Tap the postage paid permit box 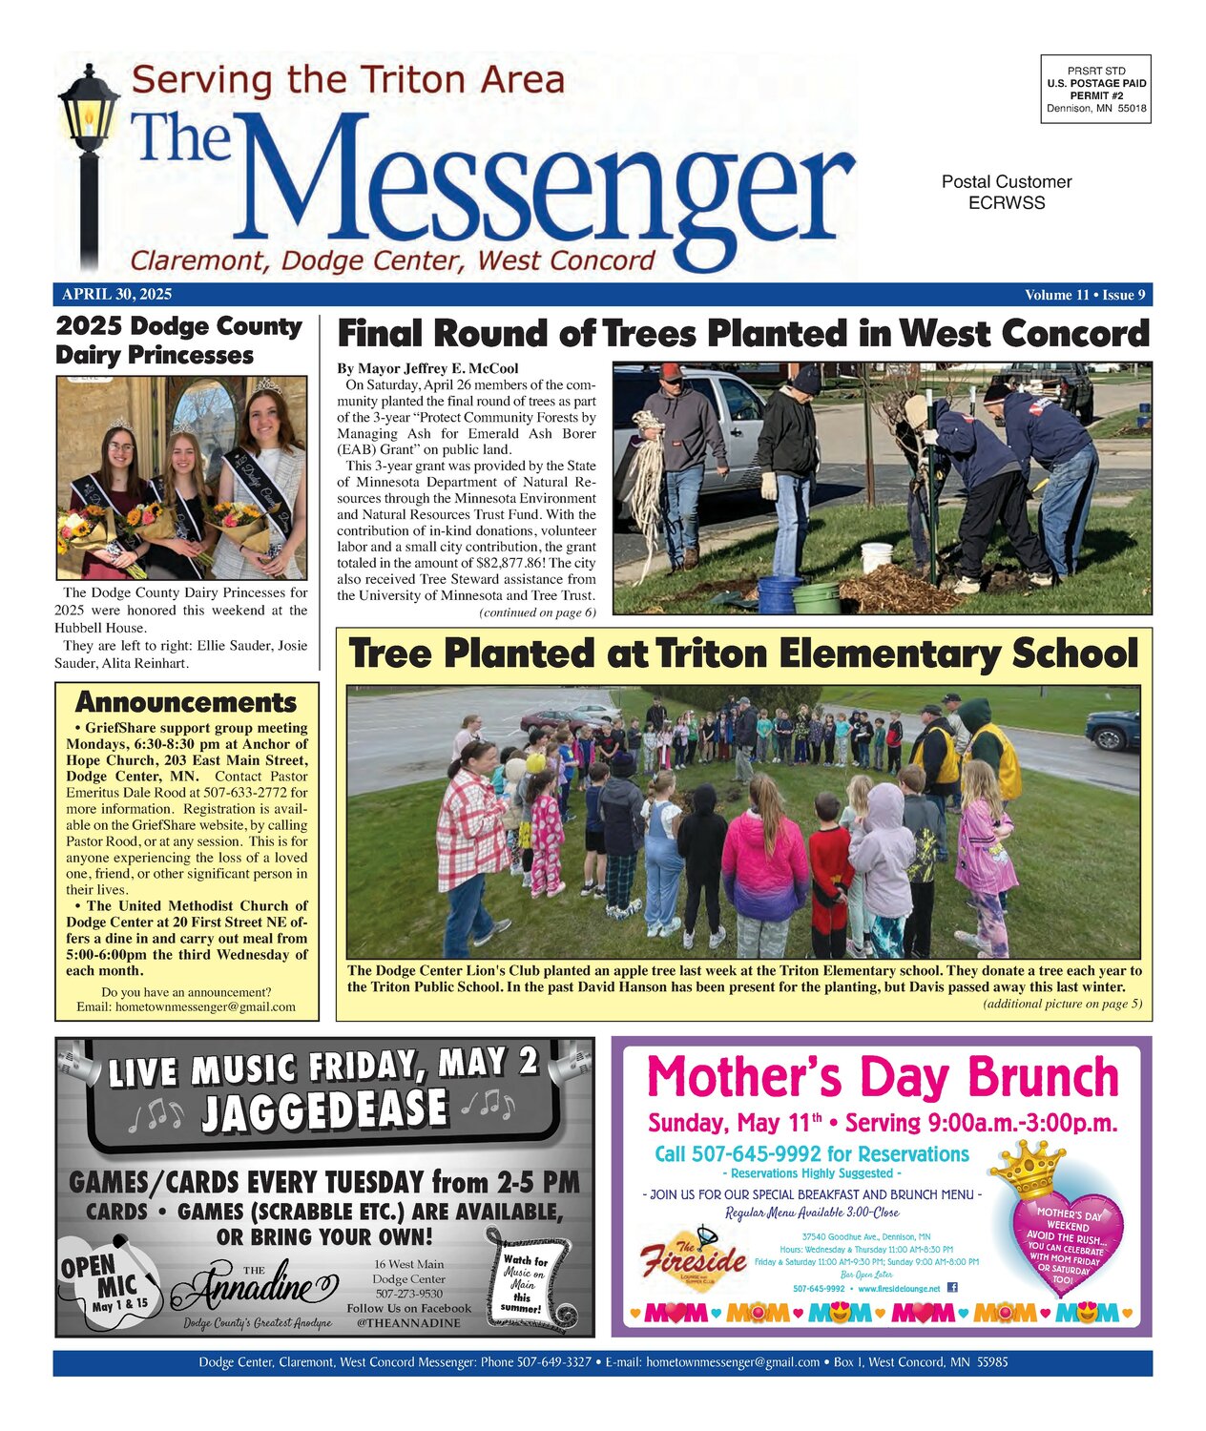(1095, 89)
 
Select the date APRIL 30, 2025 (117, 295)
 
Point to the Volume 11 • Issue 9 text (1085, 295)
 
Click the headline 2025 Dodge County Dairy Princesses (178, 341)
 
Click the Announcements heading (186, 702)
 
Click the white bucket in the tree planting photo (876, 557)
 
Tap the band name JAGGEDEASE (324, 1110)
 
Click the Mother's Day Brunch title (882, 1077)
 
